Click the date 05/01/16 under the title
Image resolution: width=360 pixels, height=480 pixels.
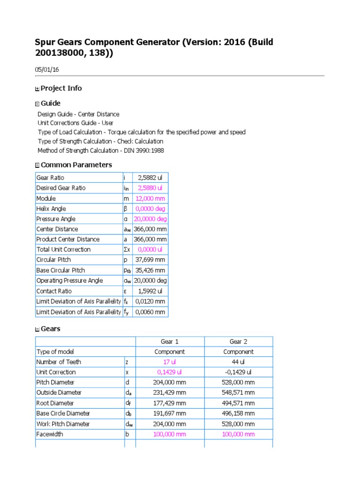tap(47, 69)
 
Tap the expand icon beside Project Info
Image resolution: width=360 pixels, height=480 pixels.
tap(37, 89)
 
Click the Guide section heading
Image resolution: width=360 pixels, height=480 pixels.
tap(50, 103)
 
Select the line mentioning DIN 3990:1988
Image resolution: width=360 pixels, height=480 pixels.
tap(101, 150)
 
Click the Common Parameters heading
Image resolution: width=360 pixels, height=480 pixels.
tap(76, 165)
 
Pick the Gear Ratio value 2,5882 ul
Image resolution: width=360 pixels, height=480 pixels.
tap(150, 178)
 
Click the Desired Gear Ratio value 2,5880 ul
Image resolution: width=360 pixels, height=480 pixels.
tap(150, 188)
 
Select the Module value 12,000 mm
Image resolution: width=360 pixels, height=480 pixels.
tap(150, 198)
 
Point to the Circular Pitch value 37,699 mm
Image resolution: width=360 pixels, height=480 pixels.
tap(150, 260)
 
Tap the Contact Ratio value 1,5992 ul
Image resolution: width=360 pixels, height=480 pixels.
tap(150, 291)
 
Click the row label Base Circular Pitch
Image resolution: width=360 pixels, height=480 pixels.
tap(60, 270)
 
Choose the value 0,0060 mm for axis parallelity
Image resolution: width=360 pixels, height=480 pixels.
tap(150, 312)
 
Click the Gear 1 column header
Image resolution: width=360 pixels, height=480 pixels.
tap(170, 341)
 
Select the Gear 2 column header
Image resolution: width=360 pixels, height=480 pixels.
tap(239, 341)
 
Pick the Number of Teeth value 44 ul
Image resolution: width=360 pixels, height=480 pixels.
tap(239, 362)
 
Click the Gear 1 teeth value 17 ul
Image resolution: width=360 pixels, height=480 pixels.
tap(170, 362)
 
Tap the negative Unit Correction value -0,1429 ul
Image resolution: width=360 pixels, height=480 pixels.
tap(239, 372)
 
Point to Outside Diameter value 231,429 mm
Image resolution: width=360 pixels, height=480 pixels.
tap(170, 393)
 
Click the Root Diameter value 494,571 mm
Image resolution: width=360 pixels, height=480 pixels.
tap(239, 403)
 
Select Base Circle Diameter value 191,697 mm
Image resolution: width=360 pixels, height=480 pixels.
tap(170, 413)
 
